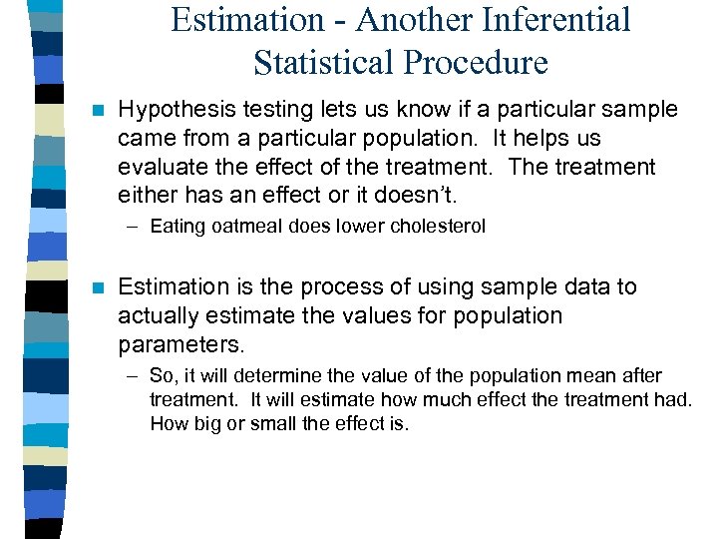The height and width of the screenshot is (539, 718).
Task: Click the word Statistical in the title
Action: pos(325,62)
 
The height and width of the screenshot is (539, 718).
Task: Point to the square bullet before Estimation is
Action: pos(96,288)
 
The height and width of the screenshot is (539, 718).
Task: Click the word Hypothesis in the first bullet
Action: pos(176,109)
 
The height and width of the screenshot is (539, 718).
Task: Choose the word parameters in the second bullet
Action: pos(179,344)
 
